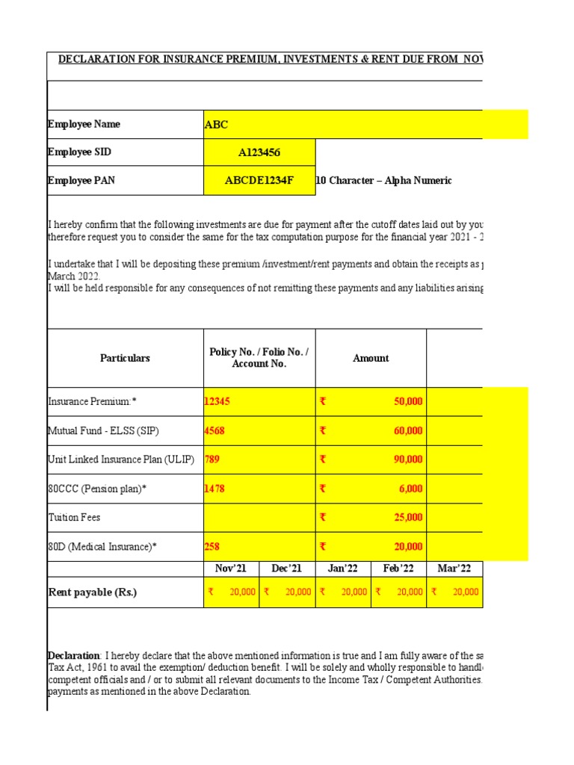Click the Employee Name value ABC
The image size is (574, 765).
[x=216, y=125]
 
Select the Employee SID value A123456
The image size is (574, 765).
[x=259, y=153]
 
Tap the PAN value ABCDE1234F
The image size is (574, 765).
[x=259, y=181]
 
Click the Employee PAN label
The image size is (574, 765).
[x=81, y=181]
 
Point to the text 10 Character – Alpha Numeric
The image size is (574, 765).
[x=384, y=181]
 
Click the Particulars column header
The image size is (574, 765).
[x=125, y=359]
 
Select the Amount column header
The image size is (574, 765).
[x=371, y=359]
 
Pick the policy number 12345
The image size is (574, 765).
[x=217, y=402]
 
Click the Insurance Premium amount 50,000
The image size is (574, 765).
[x=408, y=402]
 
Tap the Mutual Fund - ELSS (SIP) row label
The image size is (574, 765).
[x=103, y=431]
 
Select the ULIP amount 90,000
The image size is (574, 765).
[x=408, y=460]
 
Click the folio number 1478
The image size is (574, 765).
[x=215, y=489]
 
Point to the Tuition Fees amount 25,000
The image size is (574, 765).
[x=408, y=518]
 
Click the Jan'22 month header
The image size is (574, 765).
[x=343, y=569]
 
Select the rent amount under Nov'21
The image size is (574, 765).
[x=240, y=592]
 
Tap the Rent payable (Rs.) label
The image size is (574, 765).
[x=93, y=592]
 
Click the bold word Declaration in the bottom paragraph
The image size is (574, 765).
[x=73, y=656]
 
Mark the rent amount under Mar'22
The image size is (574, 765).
[x=464, y=592]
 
